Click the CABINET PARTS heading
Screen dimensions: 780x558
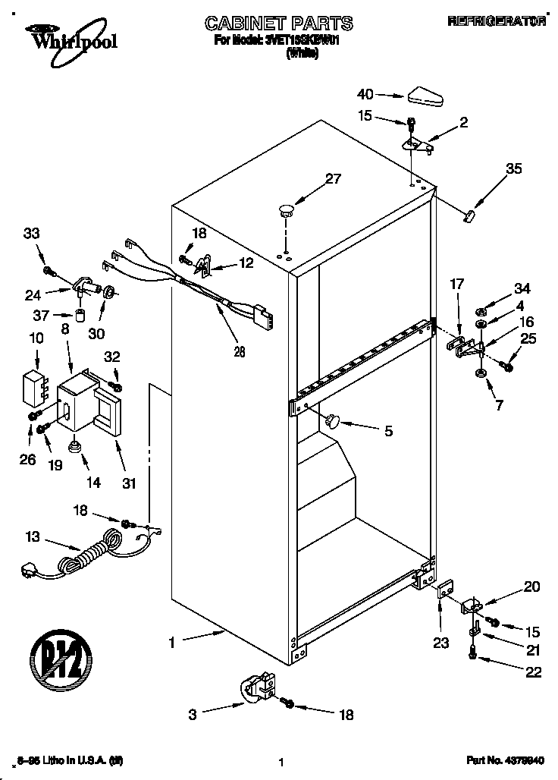tap(280, 24)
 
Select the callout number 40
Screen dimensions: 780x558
tap(365, 95)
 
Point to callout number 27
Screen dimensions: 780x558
tap(333, 180)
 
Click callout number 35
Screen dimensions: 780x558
tap(513, 169)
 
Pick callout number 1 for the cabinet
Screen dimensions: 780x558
tap(172, 643)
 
